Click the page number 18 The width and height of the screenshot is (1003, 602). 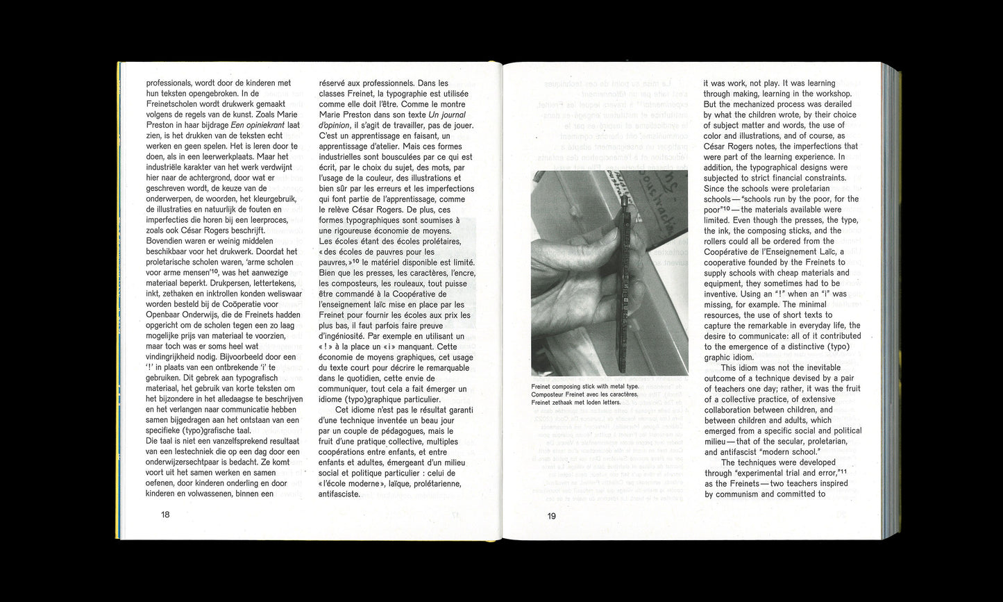[165, 515]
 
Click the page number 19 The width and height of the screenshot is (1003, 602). [551, 515]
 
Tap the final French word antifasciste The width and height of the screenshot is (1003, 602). [339, 494]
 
